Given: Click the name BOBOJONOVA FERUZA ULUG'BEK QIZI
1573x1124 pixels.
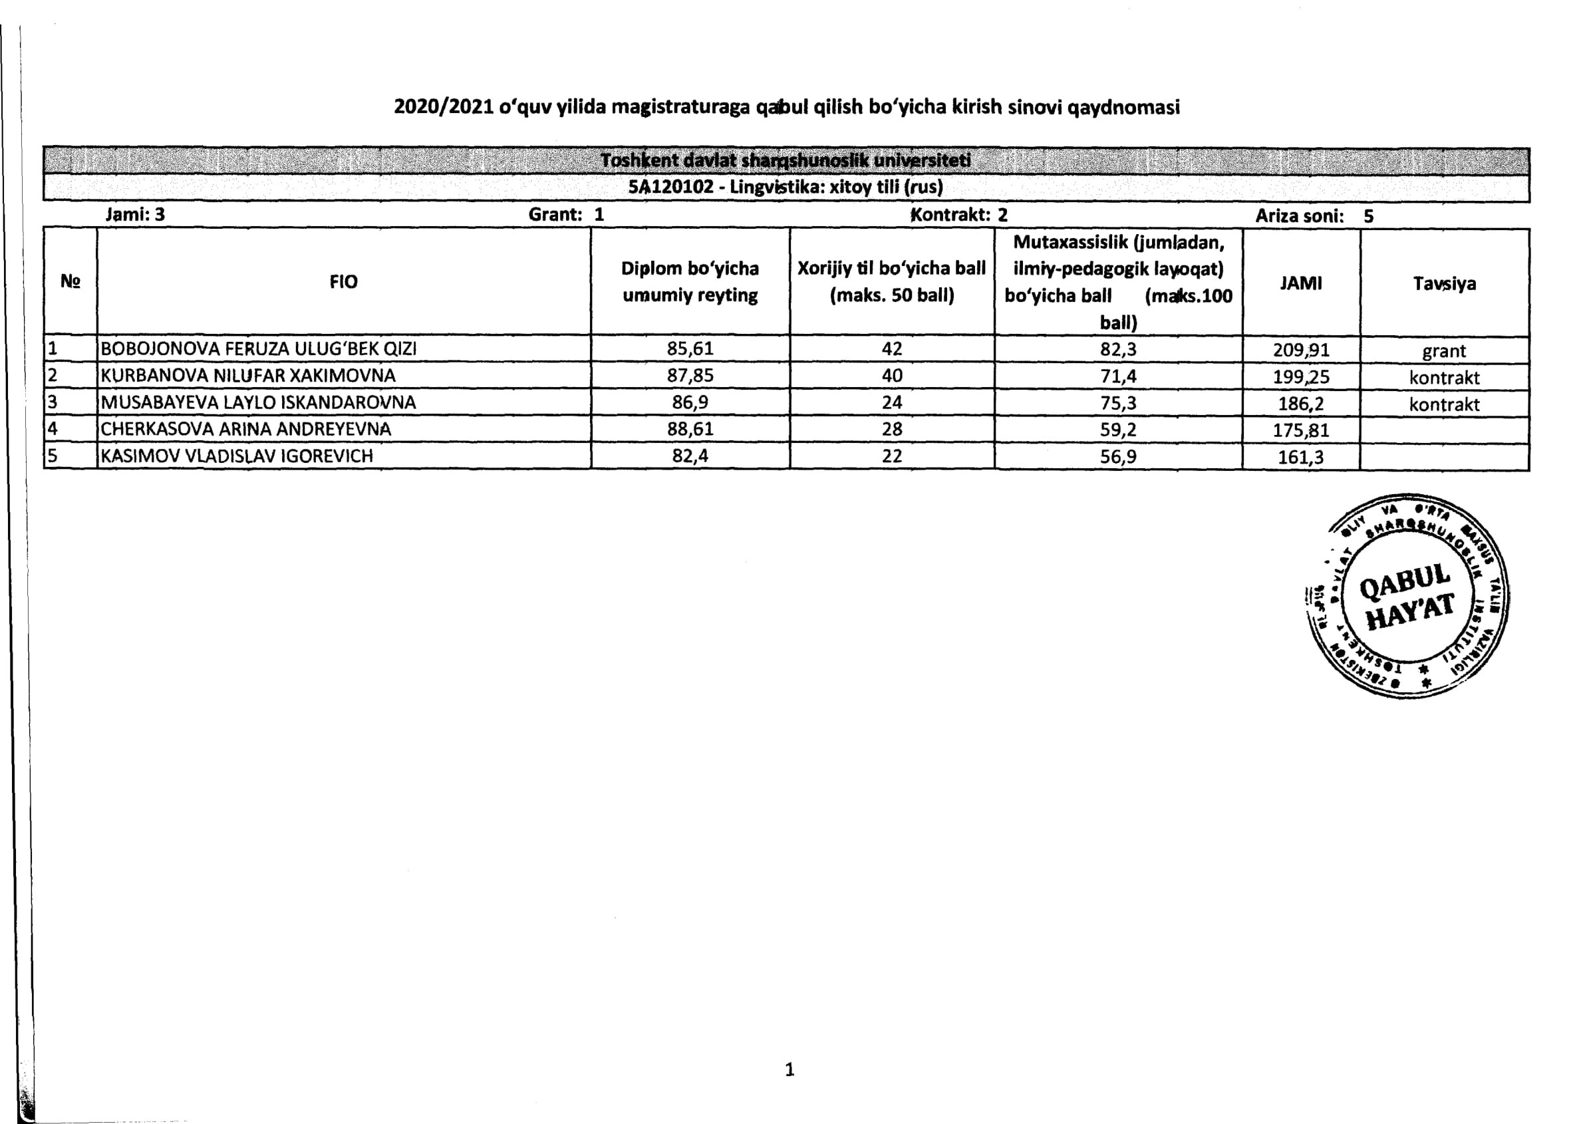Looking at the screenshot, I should [x=258, y=348].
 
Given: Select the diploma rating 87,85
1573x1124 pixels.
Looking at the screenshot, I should [x=689, y=375].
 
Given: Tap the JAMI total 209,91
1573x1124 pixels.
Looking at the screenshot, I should [x=1300, y=350].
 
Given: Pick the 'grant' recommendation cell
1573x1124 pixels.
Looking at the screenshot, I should [x=1443, y=351].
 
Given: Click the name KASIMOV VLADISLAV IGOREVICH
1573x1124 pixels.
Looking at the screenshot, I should [x=237, y=456].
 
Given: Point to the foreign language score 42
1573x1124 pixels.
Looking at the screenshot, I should [x=891, y=348].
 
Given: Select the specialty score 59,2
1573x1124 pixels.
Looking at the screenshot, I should [x=1117, y=429].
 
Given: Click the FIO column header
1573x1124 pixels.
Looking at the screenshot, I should [x=343, y=282].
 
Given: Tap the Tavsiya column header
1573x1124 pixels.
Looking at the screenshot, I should [x=1443, y=283].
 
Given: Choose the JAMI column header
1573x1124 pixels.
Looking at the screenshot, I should [x=1300, y=283].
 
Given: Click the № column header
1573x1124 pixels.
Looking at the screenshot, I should [x=70, y=281].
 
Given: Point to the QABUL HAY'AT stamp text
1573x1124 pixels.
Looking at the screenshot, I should [x=1407, y=597].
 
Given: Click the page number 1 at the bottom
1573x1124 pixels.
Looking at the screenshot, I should [x=789, y=1069].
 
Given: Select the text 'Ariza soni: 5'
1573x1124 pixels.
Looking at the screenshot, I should [x=1314, y=216].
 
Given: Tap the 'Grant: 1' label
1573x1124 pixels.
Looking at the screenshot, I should [x=566, y=215].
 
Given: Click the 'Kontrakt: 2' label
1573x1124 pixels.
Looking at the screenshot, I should [x=958, y=215].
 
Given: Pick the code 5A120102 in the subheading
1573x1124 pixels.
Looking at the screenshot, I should [x=670, y=187].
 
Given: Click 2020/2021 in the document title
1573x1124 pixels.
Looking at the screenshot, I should [x=443, y=106].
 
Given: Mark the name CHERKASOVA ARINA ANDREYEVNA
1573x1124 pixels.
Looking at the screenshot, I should [x=245, y=429].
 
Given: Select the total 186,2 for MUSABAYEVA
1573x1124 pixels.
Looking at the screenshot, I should [x=1300, y=404].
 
